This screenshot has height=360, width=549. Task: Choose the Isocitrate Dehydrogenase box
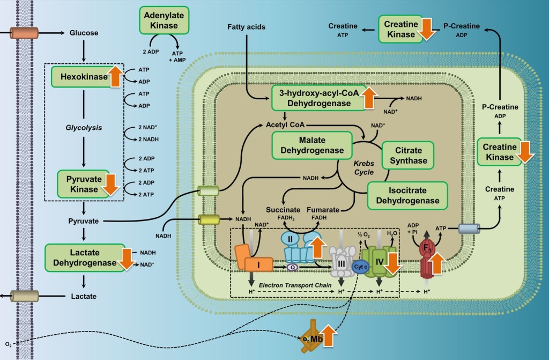coord(407,195)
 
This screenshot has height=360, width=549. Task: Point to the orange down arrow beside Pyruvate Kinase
coord(111,185)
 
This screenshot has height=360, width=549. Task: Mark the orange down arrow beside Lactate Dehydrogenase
coord(127,258)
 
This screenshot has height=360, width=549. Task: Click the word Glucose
coord(84,33)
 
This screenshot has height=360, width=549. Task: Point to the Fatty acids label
coord(246,26)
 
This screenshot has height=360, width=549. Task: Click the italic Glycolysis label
coord(84,128)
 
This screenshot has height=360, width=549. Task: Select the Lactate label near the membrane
coord(84,296)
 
